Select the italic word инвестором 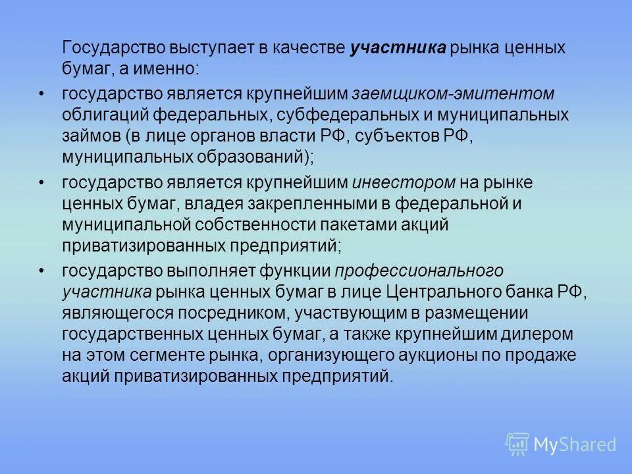coord(404,182)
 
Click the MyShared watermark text coord(575,445)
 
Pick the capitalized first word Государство coord(110,48)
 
